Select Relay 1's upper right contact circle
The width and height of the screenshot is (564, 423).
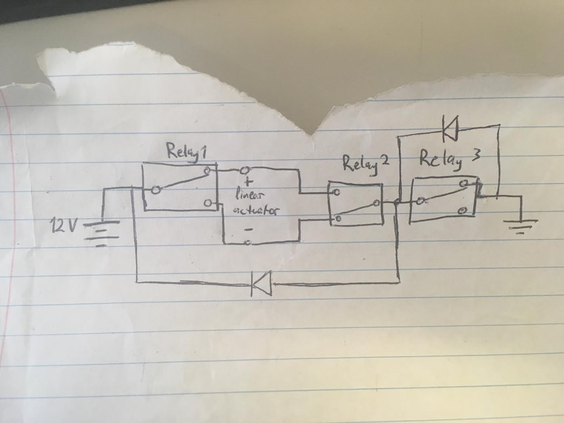pos(207,171)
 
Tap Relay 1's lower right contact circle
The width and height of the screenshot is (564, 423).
pos(208,203)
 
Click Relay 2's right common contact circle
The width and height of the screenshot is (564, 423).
pos(376,203)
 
